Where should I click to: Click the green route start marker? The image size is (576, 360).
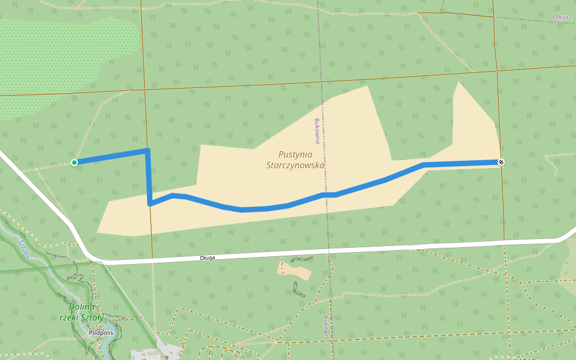[74, 163]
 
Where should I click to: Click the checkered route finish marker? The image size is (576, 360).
[501, 162]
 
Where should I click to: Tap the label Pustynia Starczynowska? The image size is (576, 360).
[295, 160]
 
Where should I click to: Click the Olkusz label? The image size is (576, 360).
[562, 17]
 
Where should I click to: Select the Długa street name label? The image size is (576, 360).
[207, 257]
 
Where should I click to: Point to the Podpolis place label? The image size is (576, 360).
[100, 332]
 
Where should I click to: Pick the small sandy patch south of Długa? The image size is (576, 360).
[296, 272]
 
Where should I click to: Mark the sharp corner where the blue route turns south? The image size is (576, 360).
[147, 151]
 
